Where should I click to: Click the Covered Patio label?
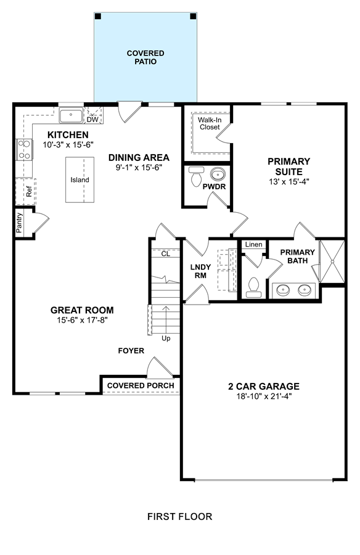coord(145,57)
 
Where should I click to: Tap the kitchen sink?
coord(71,116)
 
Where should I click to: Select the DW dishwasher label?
coord(92,120)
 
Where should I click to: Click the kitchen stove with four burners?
coord(25,150)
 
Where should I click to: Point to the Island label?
coord(80,180)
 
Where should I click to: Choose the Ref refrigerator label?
coord(29,192)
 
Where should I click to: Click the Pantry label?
coord(19,223)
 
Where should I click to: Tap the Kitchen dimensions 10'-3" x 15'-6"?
coord(68,145)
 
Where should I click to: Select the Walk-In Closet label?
coord(210,123)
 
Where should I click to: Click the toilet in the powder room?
coord(196,176)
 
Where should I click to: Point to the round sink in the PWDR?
coord(218,174)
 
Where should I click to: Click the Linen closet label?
coord(254,244)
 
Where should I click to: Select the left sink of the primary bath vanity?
coord(283,290)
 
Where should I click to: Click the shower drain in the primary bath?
coord(332,261)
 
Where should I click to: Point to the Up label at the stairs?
coord(166,339)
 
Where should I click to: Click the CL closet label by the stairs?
coord(166,254)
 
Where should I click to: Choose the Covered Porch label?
coord(141,385)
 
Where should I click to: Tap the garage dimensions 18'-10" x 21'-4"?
coord(264,396)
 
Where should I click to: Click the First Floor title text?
coord(180,517)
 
